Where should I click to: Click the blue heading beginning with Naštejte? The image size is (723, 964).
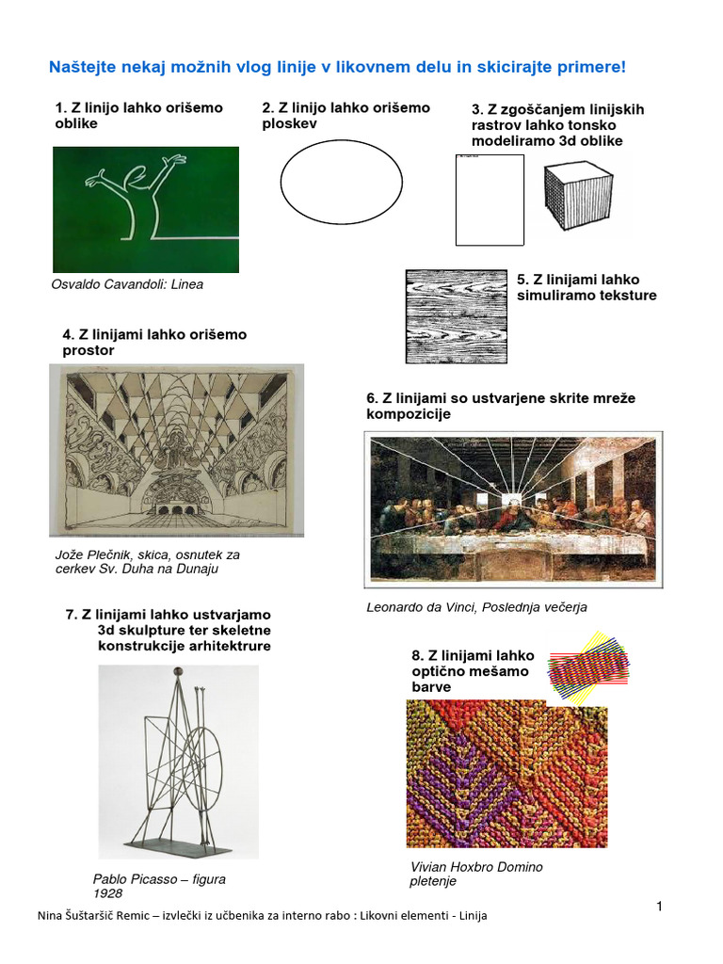tap(336, 68)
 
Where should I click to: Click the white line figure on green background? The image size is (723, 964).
tap(145, 209)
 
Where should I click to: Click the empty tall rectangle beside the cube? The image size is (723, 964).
tap(490, 200)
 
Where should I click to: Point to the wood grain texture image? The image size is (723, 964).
tap(455, 316)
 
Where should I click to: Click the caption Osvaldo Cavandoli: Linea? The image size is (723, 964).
tap(127, 284)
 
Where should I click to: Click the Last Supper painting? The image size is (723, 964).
tap(513, 508)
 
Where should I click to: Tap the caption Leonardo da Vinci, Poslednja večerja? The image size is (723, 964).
tap(476, 607)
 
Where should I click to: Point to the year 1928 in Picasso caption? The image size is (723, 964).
tap(107, 893)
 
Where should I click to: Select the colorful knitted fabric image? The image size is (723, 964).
tap(506, 773)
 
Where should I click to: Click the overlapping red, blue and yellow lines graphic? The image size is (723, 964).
tap(588, 667)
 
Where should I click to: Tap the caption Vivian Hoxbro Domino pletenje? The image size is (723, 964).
tap(476, 874)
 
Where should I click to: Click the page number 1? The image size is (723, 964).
tap(660, 906)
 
